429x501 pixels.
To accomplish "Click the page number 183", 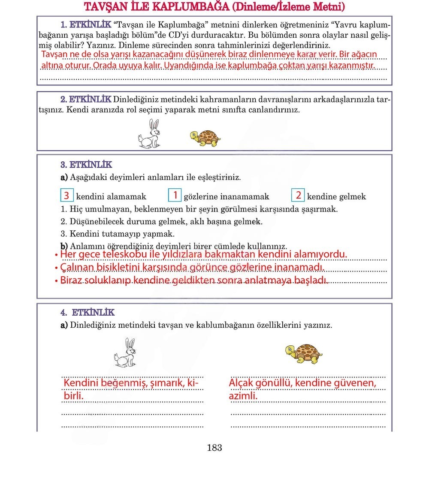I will (x=214, y=448).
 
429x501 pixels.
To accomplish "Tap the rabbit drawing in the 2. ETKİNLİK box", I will (x=149, y=134).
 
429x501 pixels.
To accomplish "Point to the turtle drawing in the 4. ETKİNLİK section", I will (x=304, y=353).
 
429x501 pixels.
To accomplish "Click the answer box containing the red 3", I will (x=66, y=196).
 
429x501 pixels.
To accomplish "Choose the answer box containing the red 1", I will (x=175, y=195).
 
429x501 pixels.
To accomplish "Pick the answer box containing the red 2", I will (x=298, y=195).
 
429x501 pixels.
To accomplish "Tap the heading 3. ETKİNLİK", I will (x=86, y=165).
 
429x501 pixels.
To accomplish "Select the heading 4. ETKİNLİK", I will (x=88, y=313).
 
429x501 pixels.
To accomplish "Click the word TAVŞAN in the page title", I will (x=104, y=7).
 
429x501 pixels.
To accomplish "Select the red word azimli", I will (x=243, y=396).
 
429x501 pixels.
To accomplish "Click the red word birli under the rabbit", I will (x=73, y=395).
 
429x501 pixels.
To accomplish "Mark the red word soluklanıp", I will (x=109, y=281).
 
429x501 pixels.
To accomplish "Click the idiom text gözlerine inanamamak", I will (x=227, y=196).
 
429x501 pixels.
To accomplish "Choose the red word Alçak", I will (x=242, y=383).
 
